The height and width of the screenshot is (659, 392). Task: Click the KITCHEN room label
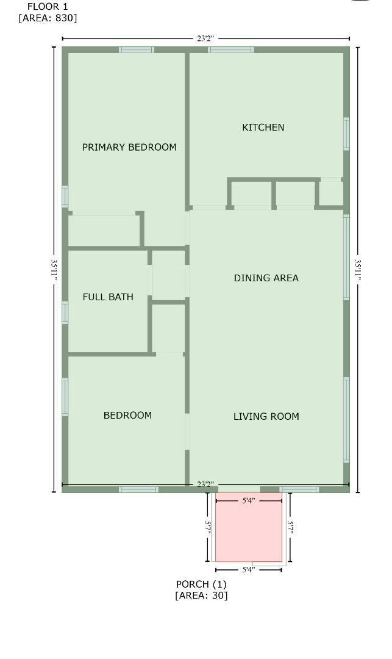pos(263,128)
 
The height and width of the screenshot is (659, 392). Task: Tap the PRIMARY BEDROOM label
pos(129,147)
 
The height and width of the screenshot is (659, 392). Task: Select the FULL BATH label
pos(108,297)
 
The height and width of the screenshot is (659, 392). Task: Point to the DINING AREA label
pos(266,278)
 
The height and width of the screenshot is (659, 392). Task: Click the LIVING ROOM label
pos(266,417)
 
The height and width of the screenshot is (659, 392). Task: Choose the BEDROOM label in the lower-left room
pos(127,416)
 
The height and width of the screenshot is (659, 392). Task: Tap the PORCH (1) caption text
pos(201,584)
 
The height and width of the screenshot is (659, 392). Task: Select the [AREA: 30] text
pos(201,596)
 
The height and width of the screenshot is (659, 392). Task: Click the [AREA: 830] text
pos(48,18)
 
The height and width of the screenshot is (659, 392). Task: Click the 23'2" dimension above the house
pos(205,39)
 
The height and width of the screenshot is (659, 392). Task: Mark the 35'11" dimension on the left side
pos(54,269)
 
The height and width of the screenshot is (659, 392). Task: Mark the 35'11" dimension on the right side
pos(358,269)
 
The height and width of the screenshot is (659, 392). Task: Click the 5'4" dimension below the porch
pos(248,570)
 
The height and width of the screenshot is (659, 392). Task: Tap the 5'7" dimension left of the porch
pos(208,527)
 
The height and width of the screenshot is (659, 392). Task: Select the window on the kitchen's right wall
pos(346,134)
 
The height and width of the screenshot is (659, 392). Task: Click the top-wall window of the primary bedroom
pos(137,50)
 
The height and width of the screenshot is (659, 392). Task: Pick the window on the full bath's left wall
pos(65,312)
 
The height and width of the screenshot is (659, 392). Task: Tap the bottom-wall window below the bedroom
pos(138,489)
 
